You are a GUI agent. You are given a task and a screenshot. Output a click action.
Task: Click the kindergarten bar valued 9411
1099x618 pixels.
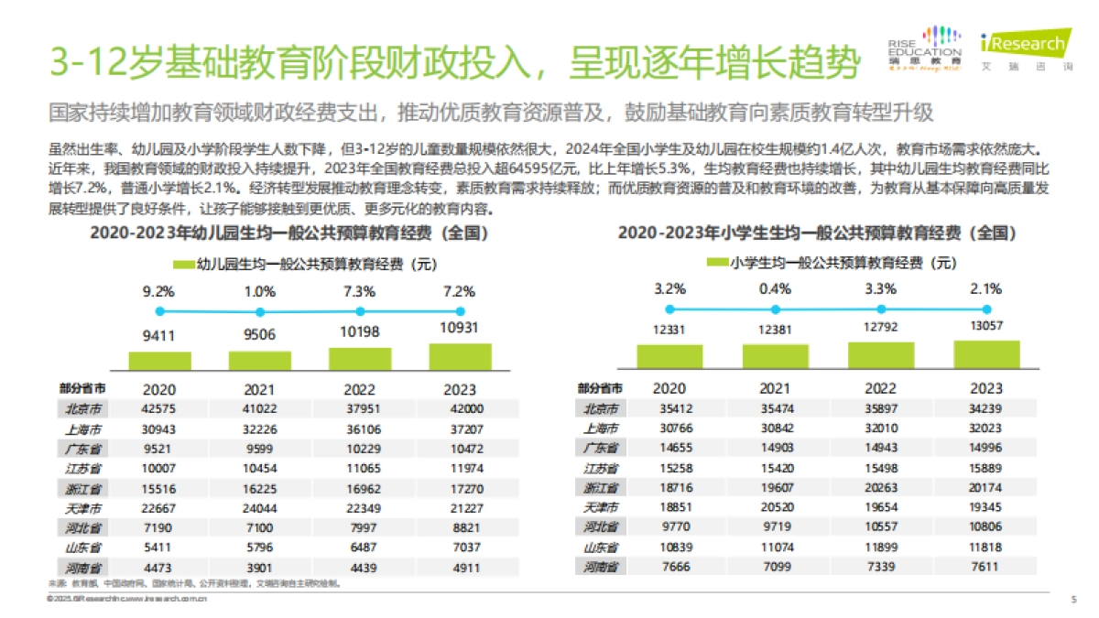pos(159,361)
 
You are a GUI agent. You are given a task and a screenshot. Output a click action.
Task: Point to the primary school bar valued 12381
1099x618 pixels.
pos(775,356)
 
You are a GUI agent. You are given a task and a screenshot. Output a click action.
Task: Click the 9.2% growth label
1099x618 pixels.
pos(158,292)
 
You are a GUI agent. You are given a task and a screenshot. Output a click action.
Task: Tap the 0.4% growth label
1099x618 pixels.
pos(775,288)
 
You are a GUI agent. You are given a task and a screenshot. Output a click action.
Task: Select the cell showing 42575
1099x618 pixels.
pos(159,408)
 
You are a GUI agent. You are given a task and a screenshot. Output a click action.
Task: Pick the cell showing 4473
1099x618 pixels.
pos(159,567)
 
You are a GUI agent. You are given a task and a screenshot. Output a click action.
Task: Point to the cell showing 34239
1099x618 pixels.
pos(987,408)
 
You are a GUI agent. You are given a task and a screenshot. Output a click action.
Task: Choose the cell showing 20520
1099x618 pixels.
pos(775,507)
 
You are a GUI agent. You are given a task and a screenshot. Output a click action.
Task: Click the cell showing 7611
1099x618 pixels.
pos(987,567)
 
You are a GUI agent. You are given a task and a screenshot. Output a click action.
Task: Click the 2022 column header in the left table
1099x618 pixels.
pos(360,388)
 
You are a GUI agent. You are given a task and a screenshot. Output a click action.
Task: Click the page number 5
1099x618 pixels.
pos(1073,600)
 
